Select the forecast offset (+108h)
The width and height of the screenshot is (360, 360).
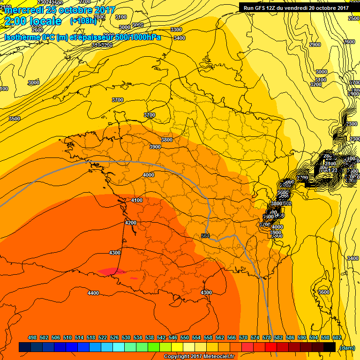(83, 21)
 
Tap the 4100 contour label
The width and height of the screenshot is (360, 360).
(137, 200)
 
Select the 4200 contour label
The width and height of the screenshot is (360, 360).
(131, 223)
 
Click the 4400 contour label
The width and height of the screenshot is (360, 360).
(93, 293)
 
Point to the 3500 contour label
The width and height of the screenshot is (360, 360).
(15, 119)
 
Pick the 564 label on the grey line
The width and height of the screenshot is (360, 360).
(205, 236)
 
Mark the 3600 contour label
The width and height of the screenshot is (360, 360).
(323, 292)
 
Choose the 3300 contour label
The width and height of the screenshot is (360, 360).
(176, 30)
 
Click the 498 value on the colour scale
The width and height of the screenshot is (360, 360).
(32, 337)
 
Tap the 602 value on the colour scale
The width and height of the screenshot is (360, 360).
(336, 337)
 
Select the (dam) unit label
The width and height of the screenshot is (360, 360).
(347, 347)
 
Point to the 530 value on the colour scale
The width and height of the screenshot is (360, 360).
(126, 337)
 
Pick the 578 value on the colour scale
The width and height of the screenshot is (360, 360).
(266, 337)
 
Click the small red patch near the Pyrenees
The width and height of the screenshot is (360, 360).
(107, 271)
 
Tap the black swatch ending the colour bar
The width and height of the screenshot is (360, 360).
(329, 347)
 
